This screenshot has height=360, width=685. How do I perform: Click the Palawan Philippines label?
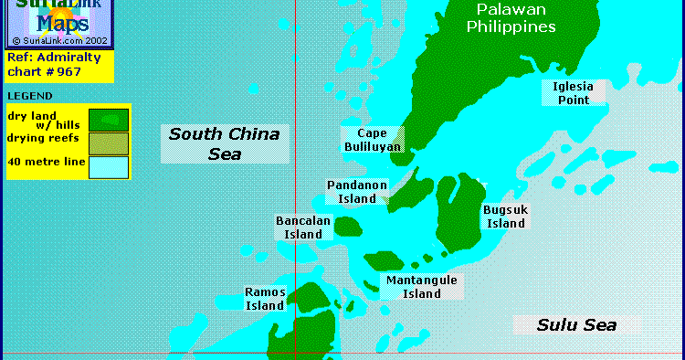(x=511, y=18)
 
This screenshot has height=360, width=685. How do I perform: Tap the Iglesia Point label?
(x=573, y=93)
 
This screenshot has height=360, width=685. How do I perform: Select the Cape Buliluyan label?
(x=371, y=140)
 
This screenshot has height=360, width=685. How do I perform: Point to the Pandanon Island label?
(x=356, y=192)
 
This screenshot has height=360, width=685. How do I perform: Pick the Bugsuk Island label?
(x=505, y=217)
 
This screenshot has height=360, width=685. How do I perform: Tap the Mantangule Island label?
(x=421, y=287)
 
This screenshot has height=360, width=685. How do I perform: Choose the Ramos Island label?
(x=265, y=299)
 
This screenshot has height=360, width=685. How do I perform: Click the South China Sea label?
(x=224, y=143)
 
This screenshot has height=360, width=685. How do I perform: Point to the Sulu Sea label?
(x=575, y=324)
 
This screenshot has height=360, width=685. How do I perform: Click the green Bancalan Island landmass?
(x=348, y=227)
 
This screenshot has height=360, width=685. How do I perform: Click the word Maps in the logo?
(x=59, y=25)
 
